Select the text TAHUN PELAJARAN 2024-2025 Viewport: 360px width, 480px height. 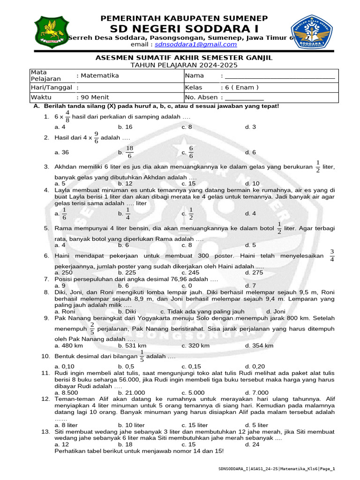184,65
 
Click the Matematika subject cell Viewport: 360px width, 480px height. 99,75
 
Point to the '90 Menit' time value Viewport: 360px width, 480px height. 95,97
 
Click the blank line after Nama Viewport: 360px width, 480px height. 280,76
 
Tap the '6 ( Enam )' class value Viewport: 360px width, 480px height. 241,87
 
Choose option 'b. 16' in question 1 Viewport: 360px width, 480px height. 125,127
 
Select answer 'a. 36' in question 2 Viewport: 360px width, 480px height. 62,152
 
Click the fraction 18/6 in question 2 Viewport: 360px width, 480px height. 129,152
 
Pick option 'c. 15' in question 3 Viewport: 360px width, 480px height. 188,184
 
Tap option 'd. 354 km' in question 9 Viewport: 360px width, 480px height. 259,346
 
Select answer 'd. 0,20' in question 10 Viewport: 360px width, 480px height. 255,367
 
